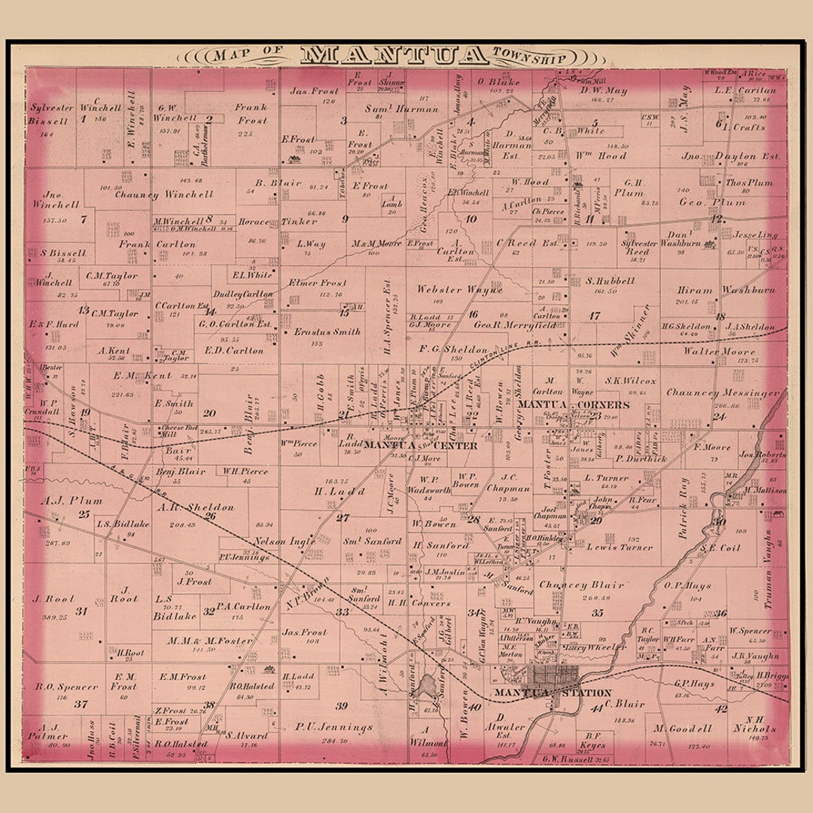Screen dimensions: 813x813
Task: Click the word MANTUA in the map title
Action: [394, 55]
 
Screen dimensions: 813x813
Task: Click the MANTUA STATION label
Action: [542, 692]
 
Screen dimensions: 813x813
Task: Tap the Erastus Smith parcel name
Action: [327, 331]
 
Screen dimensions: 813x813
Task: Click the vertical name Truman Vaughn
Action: [768, 558]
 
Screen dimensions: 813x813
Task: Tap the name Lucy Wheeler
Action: [595, 647]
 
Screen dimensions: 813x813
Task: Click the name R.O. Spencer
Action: [66, 687]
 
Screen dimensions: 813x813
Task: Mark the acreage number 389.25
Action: [51, 617]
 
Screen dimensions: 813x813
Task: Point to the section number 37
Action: [81, 705]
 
